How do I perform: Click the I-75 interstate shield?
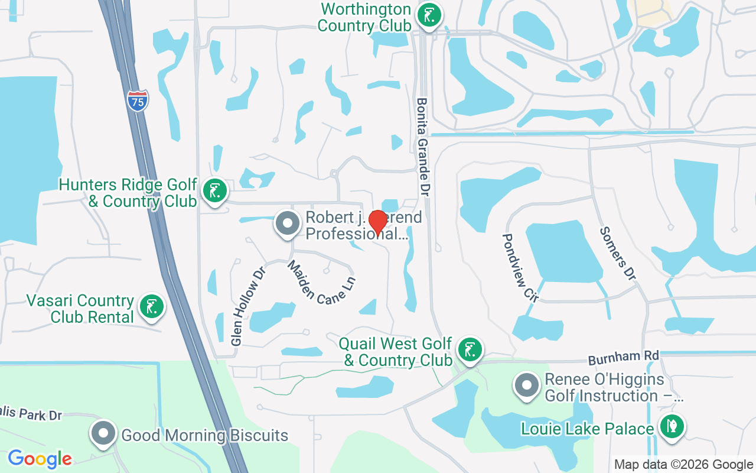pyautogui.click(x=137, y=101)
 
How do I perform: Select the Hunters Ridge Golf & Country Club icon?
pyautogui.click(x=215, y=191)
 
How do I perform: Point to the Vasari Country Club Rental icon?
pyautogui.click(x=152, y=306)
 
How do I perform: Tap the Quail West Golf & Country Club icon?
pyautogui.click(x=470, y=349)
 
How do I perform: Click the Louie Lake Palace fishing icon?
pyautogui.click(x=671, y=426)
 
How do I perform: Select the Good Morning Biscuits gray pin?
pyautogui.click(x=103, y=433)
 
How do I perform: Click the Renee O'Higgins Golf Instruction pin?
pyautogui.click(x=526, y=385)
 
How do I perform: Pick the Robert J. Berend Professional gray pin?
pyautogui.click(x=288, y=223)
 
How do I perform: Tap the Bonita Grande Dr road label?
pyautogui.click(x=423, y=147)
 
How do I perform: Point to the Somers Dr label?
pyautogui.click(x=617, y=254)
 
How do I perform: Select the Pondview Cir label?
pyautogui.click(x=520, y=267)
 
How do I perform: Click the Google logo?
pyautogui.click(x=40, y=458)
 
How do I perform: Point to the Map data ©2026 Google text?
pyautogui.click(x=683, y=465)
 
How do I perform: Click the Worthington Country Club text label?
pyautogui.click(x=364, y=17)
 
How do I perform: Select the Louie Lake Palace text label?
pyautogui.click(x=587, y=429)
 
